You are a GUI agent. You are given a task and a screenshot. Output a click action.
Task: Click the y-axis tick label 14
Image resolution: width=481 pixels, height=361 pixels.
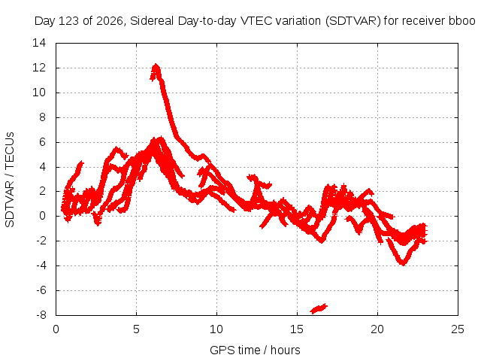pyautogui.click(x=39, y=43)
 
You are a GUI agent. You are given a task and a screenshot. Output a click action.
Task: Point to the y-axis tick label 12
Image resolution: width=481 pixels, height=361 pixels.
pyautogui.click(x=39, y=68)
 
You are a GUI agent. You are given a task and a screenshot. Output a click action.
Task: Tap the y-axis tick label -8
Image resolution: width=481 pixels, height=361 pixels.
pyautogui.click(x=41, y=315)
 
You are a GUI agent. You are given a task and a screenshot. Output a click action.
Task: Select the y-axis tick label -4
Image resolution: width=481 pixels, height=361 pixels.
pyautogui.click(x=41, y=265)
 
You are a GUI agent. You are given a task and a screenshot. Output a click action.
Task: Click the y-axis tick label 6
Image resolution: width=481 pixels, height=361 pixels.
pyautogui.click(x=42, y=142)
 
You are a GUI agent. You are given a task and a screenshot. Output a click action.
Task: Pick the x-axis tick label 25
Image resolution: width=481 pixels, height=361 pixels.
pyautogui.click(x=458, y=329)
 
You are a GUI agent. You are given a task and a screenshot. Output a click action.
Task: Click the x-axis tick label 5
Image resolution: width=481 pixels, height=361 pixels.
pyautogui.click(x=136, y=329)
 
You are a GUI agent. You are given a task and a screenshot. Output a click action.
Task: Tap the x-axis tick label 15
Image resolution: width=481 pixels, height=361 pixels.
pyautogui.click(x=297, y=329)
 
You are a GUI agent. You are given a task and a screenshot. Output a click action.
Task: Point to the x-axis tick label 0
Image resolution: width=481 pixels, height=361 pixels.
pyautogui.click(x=56, y=329)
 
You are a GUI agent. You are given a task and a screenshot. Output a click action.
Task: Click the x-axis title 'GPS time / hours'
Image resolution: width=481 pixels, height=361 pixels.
pyautogui.click(x=255, y=350)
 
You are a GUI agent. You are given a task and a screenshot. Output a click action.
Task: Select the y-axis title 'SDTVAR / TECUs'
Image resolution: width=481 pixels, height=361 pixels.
pyautogui.click(x=10, y=180)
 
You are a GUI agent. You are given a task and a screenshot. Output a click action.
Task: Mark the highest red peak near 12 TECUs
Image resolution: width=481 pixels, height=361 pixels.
pyautogui.click(x=156, y=65)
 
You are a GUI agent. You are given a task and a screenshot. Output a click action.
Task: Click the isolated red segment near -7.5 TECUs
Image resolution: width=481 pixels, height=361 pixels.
pyautogui.click(x=319, y=308)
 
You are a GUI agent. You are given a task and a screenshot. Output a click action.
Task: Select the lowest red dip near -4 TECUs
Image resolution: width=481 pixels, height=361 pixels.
pyautogui.click(x=403, y=263)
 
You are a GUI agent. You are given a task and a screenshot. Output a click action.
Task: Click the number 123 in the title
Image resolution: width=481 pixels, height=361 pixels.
pyautogui.click(x=67, y=21)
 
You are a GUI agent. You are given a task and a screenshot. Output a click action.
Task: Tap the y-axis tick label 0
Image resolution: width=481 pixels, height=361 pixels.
pyautogui.click(x=42, y=216)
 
